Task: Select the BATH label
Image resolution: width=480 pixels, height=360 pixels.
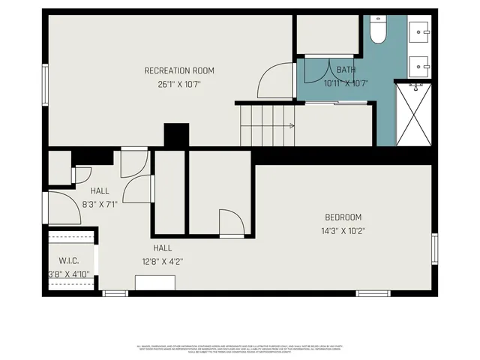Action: tap(346, 70)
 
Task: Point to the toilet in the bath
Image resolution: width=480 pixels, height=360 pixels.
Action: tap(377, 31)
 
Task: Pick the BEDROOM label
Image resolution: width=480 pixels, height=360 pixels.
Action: tap(343, 217)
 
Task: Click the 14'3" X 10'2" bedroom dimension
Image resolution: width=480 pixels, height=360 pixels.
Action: tap(343, 231)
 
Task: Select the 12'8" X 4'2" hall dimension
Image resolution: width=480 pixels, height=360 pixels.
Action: tap(163, 262)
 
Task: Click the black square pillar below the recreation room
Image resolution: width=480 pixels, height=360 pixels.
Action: tap(175, 136)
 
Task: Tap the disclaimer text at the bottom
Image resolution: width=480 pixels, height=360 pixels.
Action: tap(239, 349)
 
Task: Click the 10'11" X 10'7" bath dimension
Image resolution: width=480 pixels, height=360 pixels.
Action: tap(346, 83)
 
